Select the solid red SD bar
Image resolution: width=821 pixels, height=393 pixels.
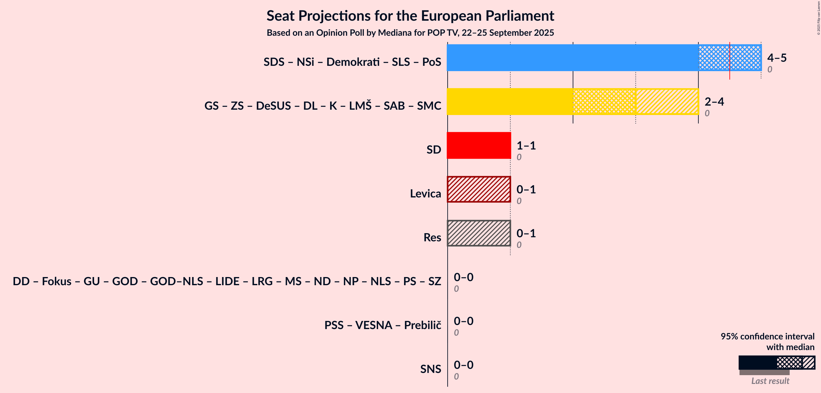pyautogui.click(x=479, y=145)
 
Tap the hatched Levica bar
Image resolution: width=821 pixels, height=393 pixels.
pyautogui.click(x=479, y=189)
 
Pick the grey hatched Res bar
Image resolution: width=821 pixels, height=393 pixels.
pyautogui.click(x=479, y=233)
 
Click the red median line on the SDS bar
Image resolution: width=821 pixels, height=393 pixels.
pyautogui.click(x=729, y=60)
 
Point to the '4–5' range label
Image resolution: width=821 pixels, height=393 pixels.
pyautogui.click(x=777, y=58)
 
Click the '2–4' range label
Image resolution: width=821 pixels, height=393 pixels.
pyautogui.click(x=714, y=102)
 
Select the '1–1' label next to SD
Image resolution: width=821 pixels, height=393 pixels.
pyautogui.click(x=526, y=146)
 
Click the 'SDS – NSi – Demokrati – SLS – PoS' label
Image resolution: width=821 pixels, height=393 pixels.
pyautogui.click(x=352, y=62)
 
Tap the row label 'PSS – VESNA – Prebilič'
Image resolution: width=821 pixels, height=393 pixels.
pyautogui.click(x=383, y=325)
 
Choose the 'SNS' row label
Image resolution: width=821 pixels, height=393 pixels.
pyautogui.click(x=431, y=369)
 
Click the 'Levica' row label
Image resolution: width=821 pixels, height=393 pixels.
pyautogui.click(x=425, y=193)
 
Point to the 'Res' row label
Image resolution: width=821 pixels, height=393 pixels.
pyautogui.click(x=432, y=238)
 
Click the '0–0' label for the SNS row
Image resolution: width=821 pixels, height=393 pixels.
pyautogui.click(x=463, y=365)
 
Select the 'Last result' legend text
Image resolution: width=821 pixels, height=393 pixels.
pyautogui.click(x=770, y=381)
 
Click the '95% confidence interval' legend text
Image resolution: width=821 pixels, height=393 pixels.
pyautogui.click(x=767, y=337)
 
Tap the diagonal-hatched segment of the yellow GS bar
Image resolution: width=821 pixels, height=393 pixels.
pyautogui.click(x=667, y=102)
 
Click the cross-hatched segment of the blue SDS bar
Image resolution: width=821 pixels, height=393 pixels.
pyautogui.click(x=730, y=58)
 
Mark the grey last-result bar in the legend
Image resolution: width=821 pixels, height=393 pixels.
pyautogui.click(x=764, y=372)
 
